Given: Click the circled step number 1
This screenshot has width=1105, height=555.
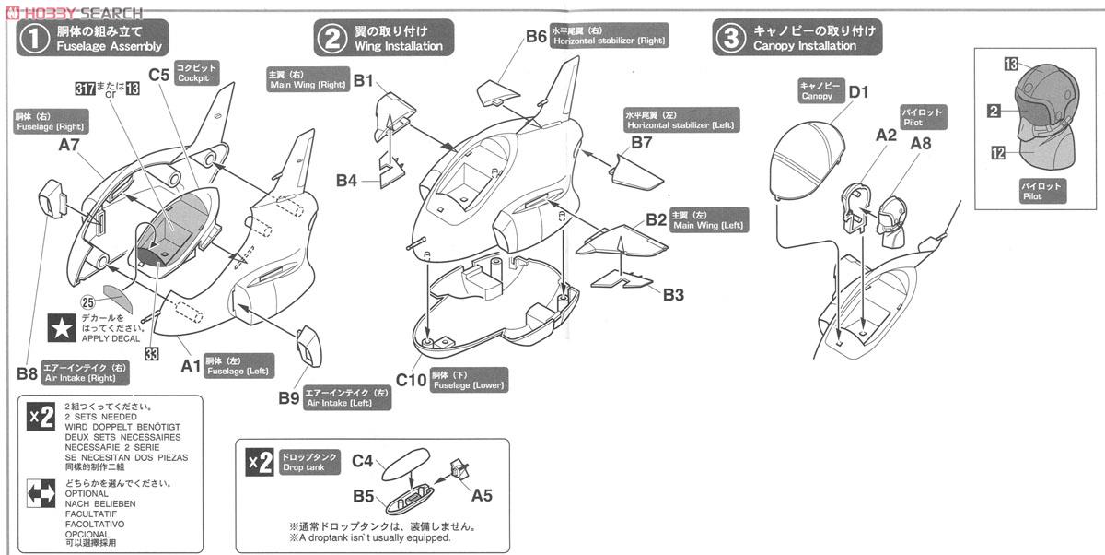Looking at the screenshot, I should tap(34, 38).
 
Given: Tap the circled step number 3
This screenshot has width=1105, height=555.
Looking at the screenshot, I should tap(730, 38).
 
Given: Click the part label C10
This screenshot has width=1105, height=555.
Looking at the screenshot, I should tap(410, 379).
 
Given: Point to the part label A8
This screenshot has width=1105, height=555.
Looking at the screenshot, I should tap(920, 143).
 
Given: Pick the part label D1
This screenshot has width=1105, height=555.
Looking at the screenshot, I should tap(858, 92).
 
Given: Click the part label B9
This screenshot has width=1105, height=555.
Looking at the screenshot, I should tap(288, 397).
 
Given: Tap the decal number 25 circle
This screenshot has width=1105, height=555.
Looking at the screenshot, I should tap(88, 301).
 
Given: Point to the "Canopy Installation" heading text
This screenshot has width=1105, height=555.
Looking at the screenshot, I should tap(804, 45).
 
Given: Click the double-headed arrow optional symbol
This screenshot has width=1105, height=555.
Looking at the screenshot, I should tap(41, 493).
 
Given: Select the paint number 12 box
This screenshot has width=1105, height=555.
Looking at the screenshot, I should tap(999, 153).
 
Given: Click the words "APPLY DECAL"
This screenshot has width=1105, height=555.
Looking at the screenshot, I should tap(111, 338).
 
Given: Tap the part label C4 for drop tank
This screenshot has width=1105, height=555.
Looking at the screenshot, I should tap(363, 459).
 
